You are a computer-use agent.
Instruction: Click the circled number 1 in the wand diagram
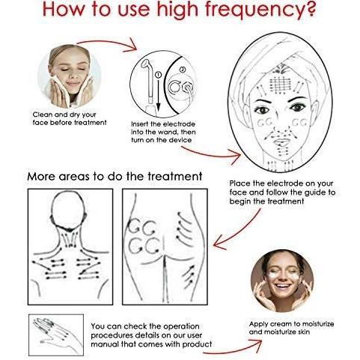click(158, 74)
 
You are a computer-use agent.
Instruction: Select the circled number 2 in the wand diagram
click(183, 70)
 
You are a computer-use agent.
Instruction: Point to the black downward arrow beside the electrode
click(158, 94)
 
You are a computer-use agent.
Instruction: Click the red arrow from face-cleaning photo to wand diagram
click(108, 43)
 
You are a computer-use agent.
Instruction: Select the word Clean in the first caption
click(42, 115)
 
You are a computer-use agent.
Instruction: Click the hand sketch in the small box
click(56, 334)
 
